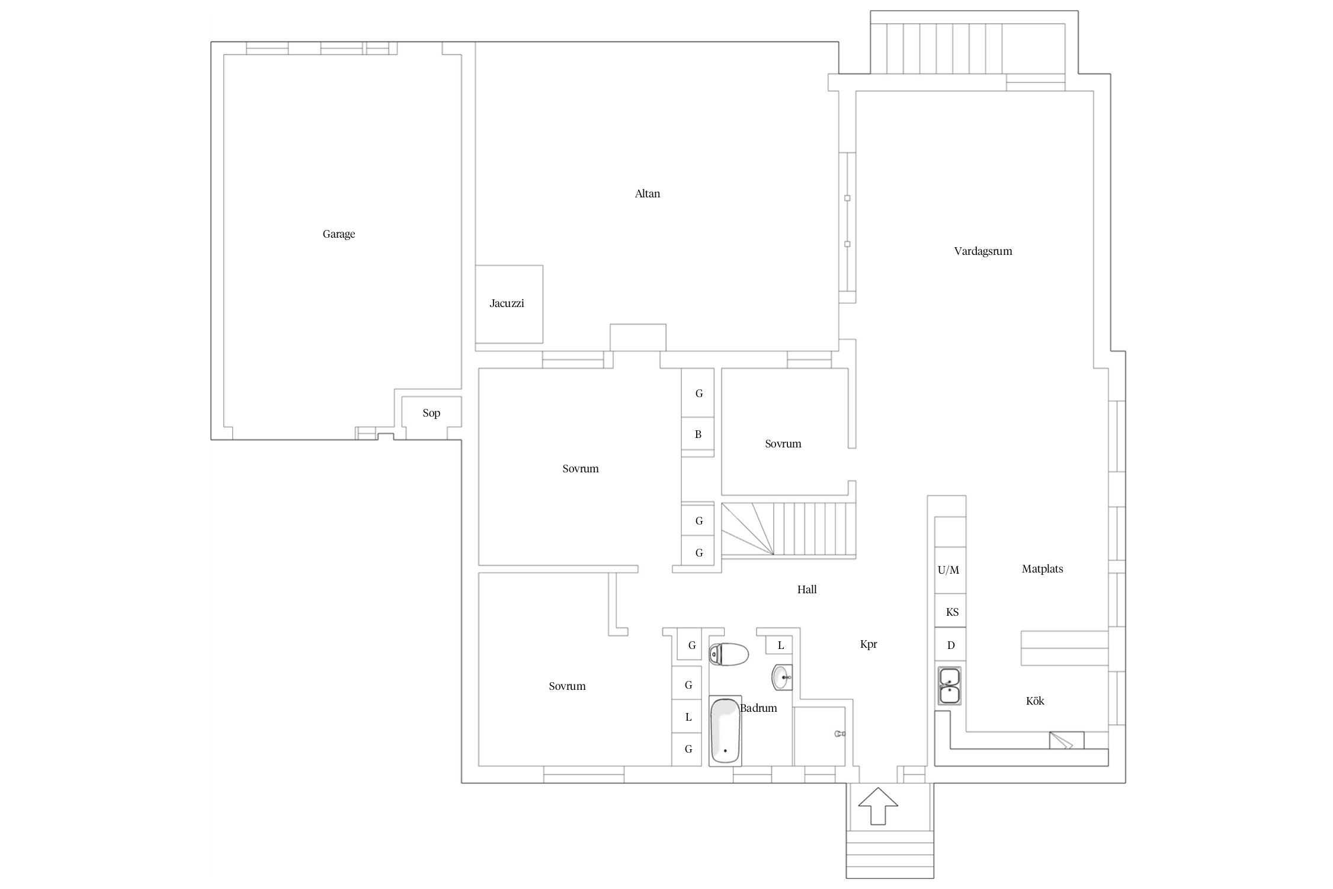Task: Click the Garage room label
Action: (x=339, y=234)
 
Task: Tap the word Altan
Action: (x=648, y=194)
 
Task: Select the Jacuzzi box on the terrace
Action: (x=509, y=304)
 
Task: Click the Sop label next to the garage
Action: (x=431, y=413)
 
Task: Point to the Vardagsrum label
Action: (x=983, y=251)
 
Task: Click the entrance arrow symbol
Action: (x=878, y=805)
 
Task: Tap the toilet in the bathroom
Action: (x=729, y=654)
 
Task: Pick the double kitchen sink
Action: (x=950, y=686)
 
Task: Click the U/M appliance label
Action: (x=949, y=570)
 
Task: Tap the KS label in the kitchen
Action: (x=952, y=612)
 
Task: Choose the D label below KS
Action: (x=951, y=645)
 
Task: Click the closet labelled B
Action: (x=698, y=435)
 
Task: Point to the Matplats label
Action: (x=1042, y=569)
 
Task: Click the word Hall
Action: (x=807, y=590)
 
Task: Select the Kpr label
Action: (x=869, y=644)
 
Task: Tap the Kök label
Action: (x=1035, y=701)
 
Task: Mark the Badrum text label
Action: (x=759, y=708)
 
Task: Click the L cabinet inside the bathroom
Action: (x=780, y=645)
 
